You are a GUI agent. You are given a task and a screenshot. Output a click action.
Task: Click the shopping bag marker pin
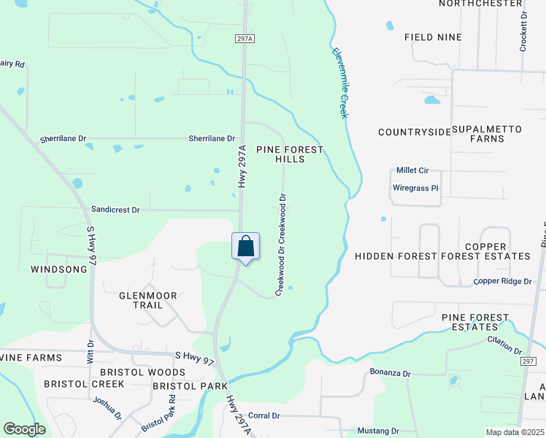point(246,247)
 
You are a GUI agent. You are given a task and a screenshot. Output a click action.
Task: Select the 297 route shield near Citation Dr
point(529,361)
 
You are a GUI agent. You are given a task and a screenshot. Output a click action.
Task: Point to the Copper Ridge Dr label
point(502,281)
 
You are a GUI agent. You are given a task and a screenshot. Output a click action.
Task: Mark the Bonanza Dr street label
point(391,373)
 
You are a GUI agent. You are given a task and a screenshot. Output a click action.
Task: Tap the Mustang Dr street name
point(378,431)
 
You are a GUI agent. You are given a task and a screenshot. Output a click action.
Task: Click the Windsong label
point(58,269)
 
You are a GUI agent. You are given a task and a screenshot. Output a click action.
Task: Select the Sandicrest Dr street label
point(115,210)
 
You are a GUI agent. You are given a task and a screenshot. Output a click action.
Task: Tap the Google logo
point(24,429)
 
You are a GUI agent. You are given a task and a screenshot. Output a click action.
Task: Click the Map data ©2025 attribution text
point(515,432)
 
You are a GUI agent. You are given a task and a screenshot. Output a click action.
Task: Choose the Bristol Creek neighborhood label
point(77,383)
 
